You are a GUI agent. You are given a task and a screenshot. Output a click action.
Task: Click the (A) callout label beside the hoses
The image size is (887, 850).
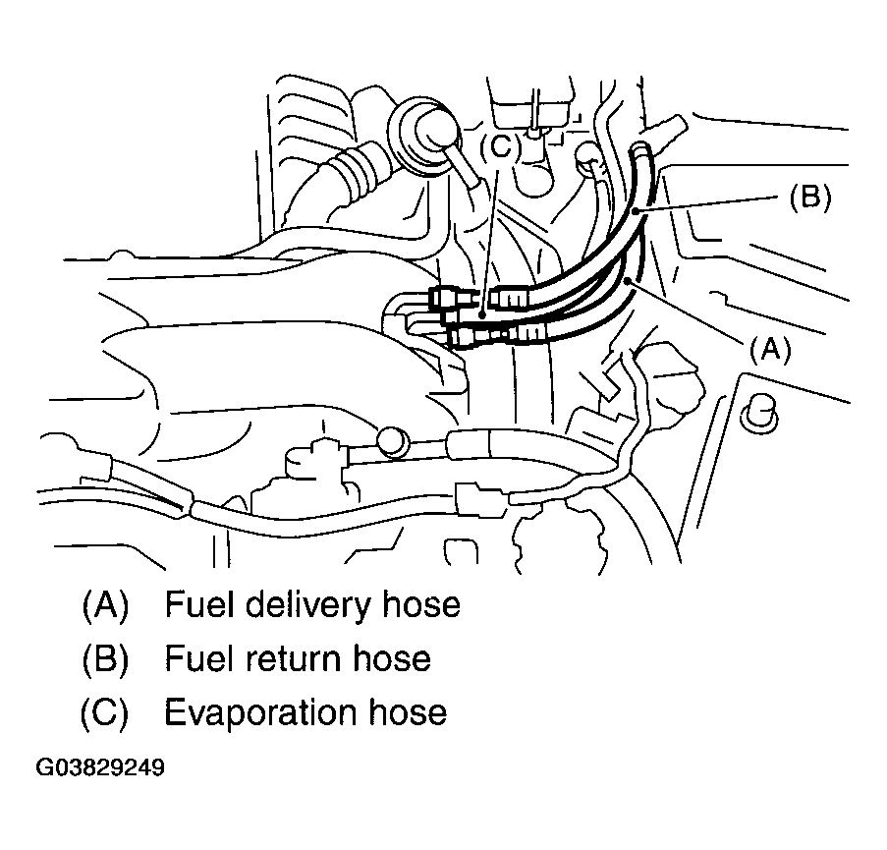click(769, 350)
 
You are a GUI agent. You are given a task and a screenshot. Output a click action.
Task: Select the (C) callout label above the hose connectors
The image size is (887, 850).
click(500, 148)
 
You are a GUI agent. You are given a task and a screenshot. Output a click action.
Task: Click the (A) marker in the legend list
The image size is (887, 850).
click(105, 603)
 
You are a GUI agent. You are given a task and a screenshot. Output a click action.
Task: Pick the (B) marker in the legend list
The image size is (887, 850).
click(105, 657)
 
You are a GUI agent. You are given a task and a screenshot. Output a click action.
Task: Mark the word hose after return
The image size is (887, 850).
click(392, 657)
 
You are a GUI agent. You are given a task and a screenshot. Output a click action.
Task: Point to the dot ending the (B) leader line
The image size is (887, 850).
click(638, 210)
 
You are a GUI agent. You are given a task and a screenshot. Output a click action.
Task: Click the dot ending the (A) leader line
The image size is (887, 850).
click(627, 283)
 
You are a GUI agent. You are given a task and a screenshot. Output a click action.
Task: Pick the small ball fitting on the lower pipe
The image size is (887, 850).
click(393, 441)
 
